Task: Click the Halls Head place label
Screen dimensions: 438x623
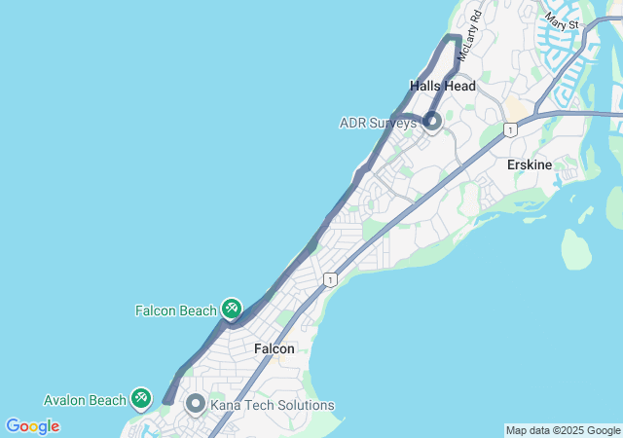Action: tap(443, 86)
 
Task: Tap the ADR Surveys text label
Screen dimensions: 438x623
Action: tap(378, 123)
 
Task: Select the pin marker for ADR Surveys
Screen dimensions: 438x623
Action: tap(431, 122)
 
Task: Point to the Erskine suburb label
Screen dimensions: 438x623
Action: tap(530, 164)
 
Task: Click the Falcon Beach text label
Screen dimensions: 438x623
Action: tap(176, 310)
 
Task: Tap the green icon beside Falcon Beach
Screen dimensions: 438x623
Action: tap(231, 310)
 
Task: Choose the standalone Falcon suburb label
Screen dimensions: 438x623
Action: tap(274, 348)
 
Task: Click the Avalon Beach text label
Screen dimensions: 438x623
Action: tap(85, 400)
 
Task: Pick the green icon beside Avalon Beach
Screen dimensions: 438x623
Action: tap(141, 398)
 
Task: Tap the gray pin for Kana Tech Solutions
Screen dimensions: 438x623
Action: tap(195, 403)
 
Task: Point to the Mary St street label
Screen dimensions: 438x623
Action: tap(562, 19)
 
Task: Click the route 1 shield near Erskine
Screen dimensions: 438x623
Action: tap(510, 130)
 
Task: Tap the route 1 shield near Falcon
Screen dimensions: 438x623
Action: tap(332, 280)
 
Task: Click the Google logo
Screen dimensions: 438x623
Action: tap(32, 426)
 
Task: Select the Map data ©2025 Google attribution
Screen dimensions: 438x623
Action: tap(563, 430)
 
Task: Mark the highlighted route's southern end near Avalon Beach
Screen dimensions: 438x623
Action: tap(167, 400)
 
